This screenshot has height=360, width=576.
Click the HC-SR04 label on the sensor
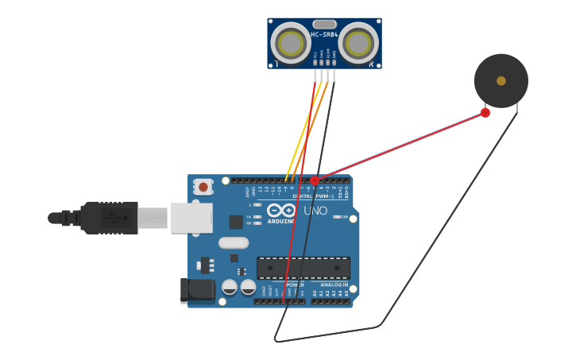(x=324, y=35)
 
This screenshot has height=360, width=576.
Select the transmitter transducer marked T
(x=291, y=43)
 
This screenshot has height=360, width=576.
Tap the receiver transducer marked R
(x=359, y=43)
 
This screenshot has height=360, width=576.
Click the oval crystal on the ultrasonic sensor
(x=324, y=25)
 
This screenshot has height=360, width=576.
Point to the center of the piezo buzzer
(x=501, y=80)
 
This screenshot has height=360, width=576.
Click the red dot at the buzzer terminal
(x=485, y=113)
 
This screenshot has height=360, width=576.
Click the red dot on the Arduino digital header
(x=315, y=181)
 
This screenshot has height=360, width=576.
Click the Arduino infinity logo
(x=281, y=211)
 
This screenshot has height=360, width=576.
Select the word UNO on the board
(x=315, y=211)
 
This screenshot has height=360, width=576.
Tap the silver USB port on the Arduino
(x=191, y=218)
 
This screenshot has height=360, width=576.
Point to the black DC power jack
(x=197, y=290)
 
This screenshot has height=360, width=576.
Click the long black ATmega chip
(x=303, y=268)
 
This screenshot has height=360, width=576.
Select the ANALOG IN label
(x=334, y=285)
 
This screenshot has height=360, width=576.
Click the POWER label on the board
(x=294, y=285)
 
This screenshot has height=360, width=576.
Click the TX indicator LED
(x=257, y=217)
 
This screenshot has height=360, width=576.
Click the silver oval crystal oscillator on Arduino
(x=234, y=243)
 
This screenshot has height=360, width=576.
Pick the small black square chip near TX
(x=236, y=222)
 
